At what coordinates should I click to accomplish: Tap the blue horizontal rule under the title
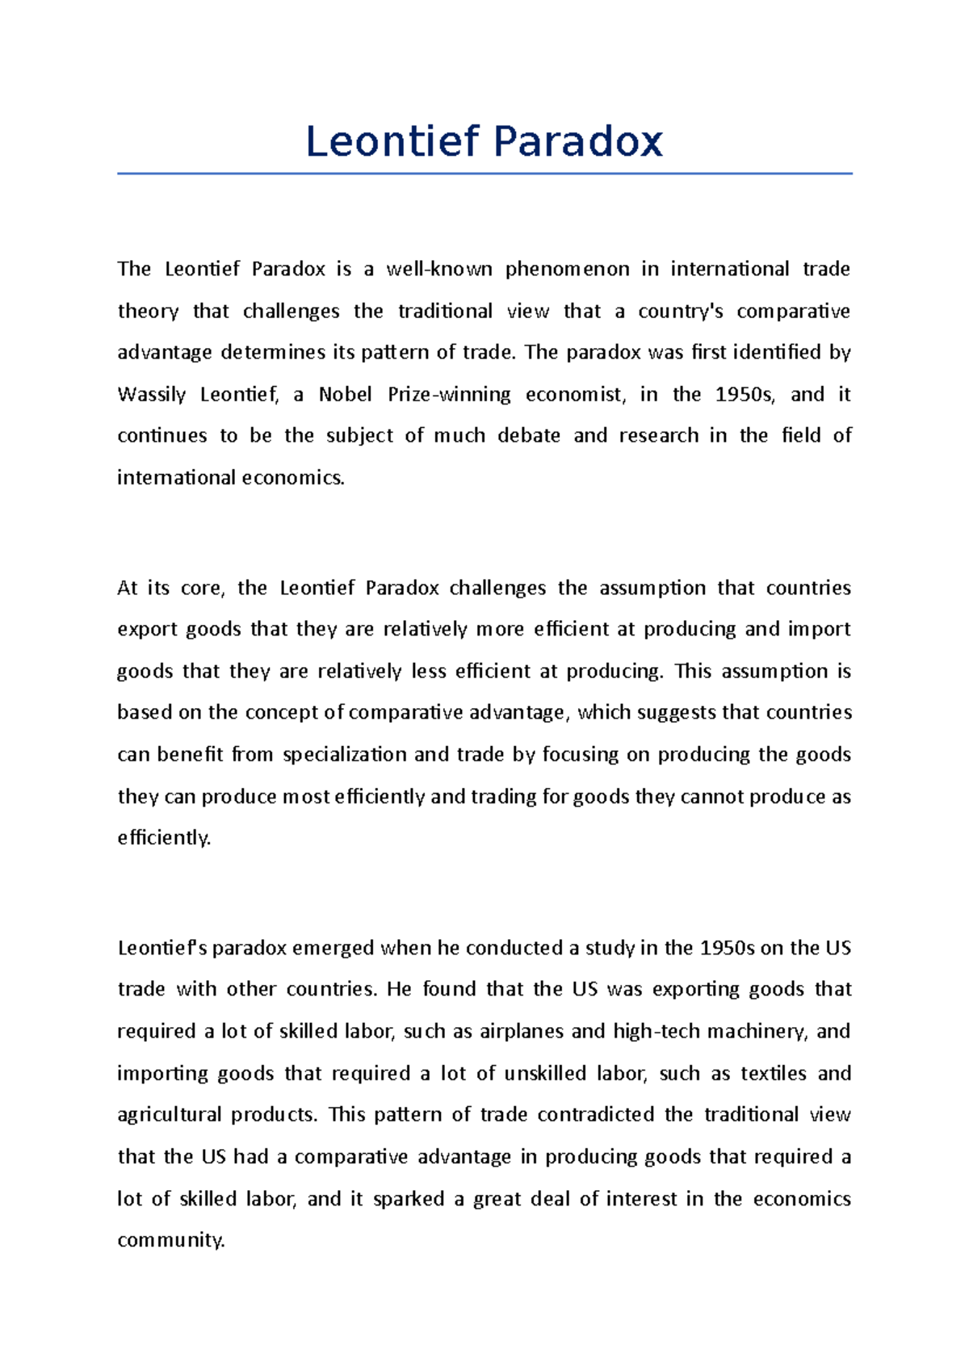[x=484, y=173]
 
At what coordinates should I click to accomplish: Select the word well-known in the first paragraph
[x=439, y=269]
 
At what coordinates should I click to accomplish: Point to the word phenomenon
[x=567, y=269]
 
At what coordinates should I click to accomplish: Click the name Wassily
[x=151, y=395]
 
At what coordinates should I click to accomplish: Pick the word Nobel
[x=346, y=395]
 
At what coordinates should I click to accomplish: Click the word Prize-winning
[x=449, y=395]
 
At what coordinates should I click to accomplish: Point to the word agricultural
[x=169, y=1115]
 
